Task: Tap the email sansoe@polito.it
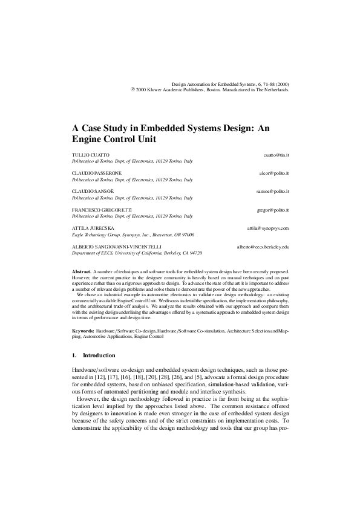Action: pos(273,192)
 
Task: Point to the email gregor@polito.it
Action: pos(273,210)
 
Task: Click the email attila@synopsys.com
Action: pos(268,228)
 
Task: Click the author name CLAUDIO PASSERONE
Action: pos(97,173)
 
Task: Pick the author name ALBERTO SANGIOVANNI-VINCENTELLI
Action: pos(114,247)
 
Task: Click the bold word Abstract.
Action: pos(81,273)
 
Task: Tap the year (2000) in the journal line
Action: pos(280,84)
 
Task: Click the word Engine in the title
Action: pos(90,138)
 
